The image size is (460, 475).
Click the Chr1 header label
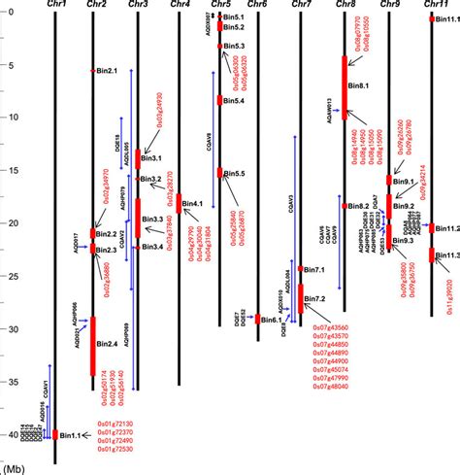pos(55,5)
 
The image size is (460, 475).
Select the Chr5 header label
pos(220,5)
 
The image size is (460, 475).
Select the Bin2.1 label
pos(106,71)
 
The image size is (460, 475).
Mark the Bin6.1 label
pos(272,320)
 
